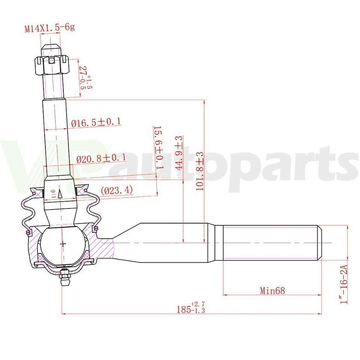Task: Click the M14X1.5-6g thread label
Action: [x=49, y=28]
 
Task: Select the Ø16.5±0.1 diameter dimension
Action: [x=96, y=122]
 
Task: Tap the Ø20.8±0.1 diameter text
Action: [x=101, y=159]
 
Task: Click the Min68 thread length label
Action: [x=272, y=290]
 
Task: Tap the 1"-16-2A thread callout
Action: [x=344, y=283]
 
